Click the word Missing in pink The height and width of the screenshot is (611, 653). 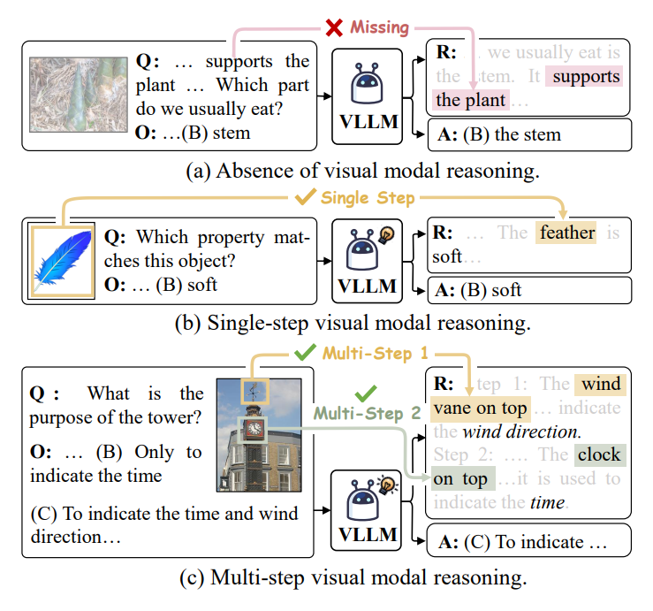pos(379,27)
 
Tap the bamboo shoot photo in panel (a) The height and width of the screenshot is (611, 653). pos(77,95)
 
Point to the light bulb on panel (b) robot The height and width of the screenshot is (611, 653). pos(386,235)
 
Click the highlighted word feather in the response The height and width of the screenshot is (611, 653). pos(567,233)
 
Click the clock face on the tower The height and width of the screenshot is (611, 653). pos(254,429)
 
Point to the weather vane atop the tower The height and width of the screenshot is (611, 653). pos(254,390)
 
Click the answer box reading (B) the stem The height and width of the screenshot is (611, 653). pos(528,135)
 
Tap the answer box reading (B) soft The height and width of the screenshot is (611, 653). pos(528,290)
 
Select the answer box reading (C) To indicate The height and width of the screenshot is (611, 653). pos(528,541)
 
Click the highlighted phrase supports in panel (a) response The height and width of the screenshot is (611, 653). pos(584,77)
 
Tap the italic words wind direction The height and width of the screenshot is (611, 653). pos(521,432)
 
